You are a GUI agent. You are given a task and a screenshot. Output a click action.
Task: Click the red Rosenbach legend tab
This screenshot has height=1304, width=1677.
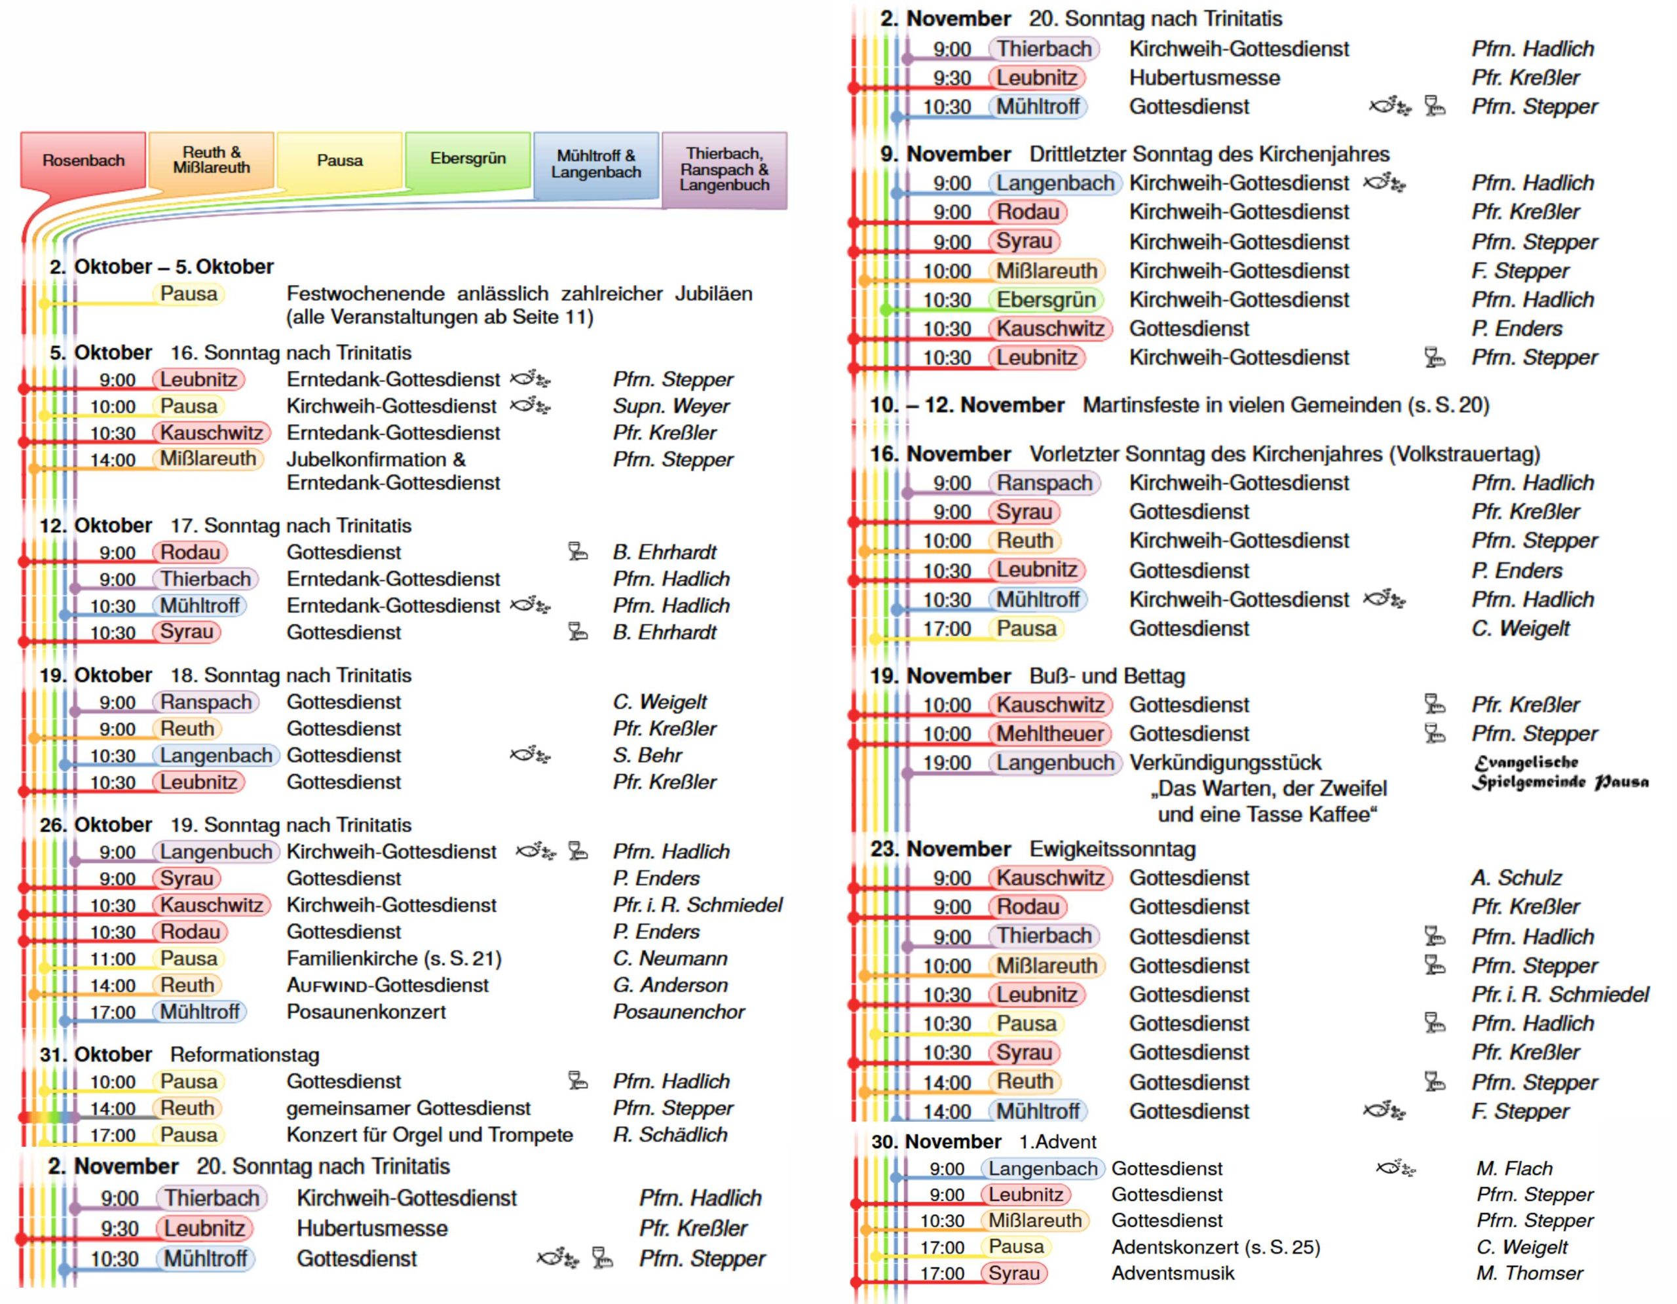point(83,160)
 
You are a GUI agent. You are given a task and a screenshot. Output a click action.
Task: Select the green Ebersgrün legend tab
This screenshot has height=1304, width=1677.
point(468,158)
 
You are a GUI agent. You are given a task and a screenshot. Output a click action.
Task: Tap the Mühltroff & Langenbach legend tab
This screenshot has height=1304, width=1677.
point(596,164)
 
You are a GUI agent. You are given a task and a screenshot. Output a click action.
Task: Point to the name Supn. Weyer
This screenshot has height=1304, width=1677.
point(670,406)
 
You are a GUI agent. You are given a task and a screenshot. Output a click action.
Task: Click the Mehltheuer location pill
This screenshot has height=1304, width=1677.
point(1049,733)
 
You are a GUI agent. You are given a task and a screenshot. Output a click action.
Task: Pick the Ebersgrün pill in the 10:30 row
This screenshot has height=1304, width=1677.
point(1046,299)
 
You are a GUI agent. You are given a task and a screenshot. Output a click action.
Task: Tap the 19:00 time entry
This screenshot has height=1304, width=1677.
point(947,763)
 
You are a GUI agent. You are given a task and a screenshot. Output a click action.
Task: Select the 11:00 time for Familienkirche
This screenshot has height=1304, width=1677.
point(112,959)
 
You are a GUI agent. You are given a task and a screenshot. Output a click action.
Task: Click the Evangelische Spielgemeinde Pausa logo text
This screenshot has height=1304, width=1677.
point(1558,772)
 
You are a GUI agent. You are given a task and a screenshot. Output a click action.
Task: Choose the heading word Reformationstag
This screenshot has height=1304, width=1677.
point(244,1054)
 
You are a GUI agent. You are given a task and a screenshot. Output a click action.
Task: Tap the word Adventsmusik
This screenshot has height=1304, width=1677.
point(1173,1273)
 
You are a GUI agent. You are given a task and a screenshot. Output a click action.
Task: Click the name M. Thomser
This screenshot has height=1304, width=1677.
point(1529,1273)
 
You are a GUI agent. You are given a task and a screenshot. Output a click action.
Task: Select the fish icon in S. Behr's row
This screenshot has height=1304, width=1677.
point(529,756)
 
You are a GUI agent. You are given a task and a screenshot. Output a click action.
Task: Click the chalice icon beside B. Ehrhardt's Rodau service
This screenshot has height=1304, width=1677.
point(577,551)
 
